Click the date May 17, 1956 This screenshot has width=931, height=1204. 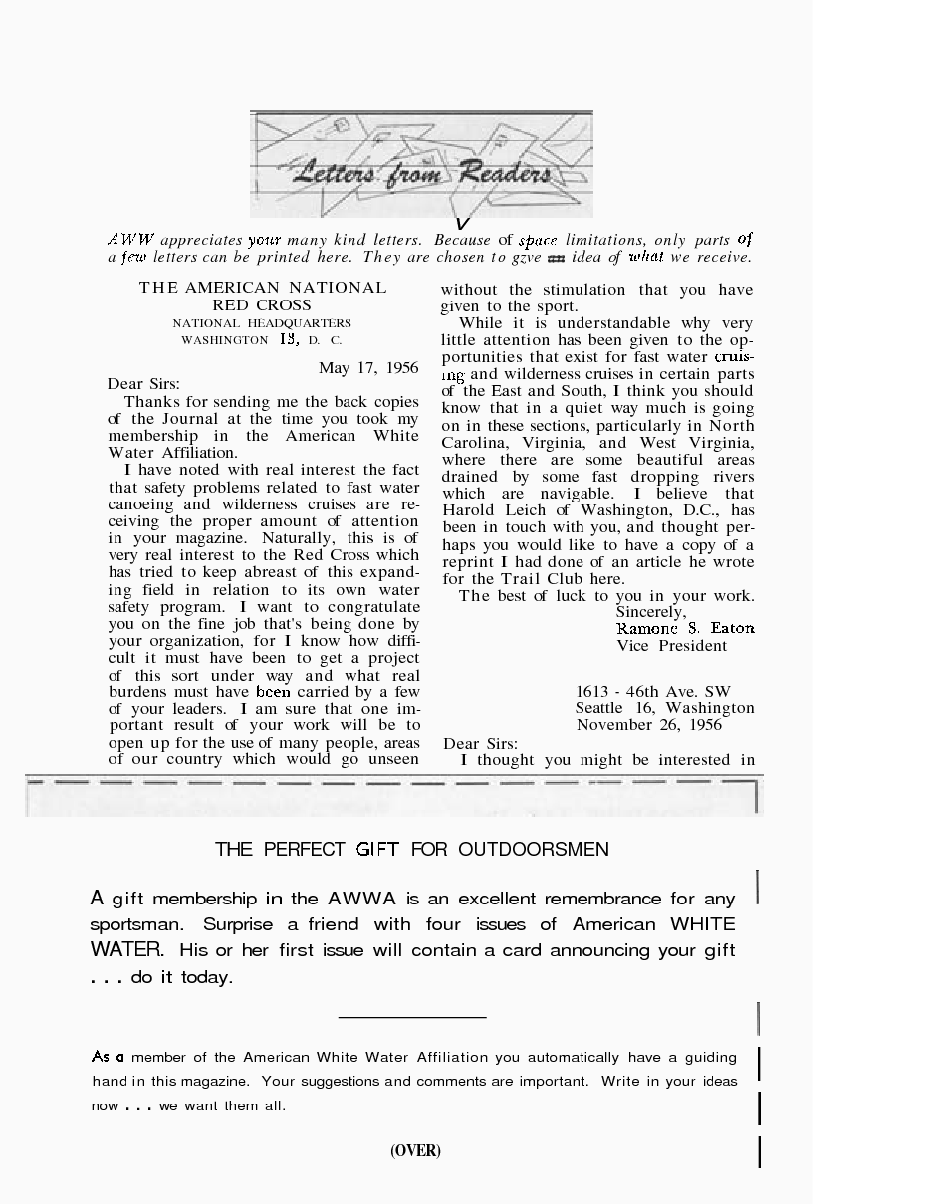pyautogui.click(x=368, y=368)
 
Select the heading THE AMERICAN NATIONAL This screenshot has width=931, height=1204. pyautogui.click(x=263, y=288)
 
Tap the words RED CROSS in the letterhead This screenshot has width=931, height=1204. pyautogui.click(x=262, y=305)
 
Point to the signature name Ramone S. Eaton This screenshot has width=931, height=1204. pyautogui.click(x=685, y=628)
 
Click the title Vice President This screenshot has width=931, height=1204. pyautogui.click(x=671, y=646)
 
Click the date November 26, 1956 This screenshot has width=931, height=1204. pyautogui.click(x=648, y=725)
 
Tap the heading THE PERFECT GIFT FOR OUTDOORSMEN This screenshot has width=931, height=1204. pyautogui.click(x=412, y=849)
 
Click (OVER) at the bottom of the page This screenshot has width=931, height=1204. pyautogui.click(x=415, y=1151)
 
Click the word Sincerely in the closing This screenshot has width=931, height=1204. pyautogui.click(x=650, y=612)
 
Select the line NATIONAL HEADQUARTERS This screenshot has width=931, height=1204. pyautogui.click(x=262, y=323)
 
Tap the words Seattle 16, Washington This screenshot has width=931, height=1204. pyautogui.click(x=664, y=708)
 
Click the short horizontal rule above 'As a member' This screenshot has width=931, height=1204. pyautogui.click(x=412, y=1017)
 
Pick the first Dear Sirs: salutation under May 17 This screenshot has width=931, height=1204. pyautogui.click(x=143, y=384)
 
